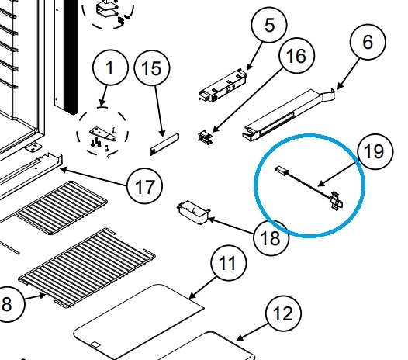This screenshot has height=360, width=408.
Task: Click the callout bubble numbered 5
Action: pos(269,25)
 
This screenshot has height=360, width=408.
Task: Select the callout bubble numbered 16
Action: pos(296,55)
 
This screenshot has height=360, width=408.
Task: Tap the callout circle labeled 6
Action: pos(368,42)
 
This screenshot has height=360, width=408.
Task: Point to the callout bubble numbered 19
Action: pos(375,151)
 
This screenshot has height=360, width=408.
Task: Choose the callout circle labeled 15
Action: pos(152,68)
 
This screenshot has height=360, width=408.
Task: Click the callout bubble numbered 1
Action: pos(110,67)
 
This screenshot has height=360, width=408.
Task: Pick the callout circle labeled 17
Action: pos(145,186)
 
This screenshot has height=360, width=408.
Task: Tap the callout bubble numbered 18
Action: pos(271,237)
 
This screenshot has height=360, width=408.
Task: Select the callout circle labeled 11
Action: pos(228,263)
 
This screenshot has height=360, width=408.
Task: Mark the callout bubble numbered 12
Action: pos(284,313)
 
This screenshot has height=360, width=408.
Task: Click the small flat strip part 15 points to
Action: pos(164,144)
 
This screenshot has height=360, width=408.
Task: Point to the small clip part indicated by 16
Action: pos(206,137)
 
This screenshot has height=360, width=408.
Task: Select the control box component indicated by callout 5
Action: pos(223,85)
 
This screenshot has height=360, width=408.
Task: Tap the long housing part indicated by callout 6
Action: pos(289,115)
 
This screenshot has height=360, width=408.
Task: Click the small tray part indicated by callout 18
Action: pos(193,212)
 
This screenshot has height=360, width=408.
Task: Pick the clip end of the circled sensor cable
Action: pos(336,200)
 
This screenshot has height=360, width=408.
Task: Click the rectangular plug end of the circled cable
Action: pos(281,170)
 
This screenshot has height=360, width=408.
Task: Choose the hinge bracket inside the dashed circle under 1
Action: pos(103,133)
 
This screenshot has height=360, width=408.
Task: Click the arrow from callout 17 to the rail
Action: pos(94,177)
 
